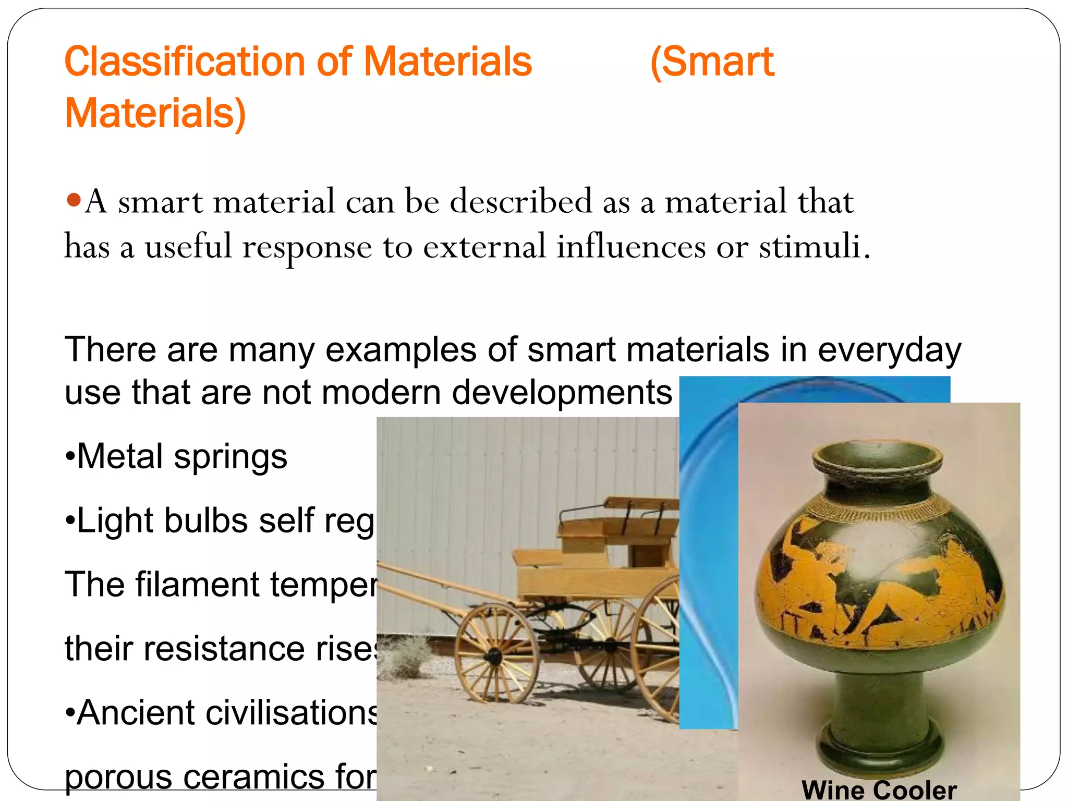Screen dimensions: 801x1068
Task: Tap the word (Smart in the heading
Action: (712, 62)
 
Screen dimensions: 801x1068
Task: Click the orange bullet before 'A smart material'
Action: (74, 199)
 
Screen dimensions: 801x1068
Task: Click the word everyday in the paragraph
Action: (889, 349)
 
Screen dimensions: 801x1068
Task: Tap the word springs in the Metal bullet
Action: (230, 457)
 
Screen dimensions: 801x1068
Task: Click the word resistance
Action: (224, 649)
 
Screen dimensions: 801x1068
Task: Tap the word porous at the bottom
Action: (118, 777)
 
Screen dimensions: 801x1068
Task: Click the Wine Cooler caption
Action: (879, 790)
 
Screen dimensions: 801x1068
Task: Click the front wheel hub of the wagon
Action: (493, 656)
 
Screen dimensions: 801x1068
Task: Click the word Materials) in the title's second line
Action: (155, 113)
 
